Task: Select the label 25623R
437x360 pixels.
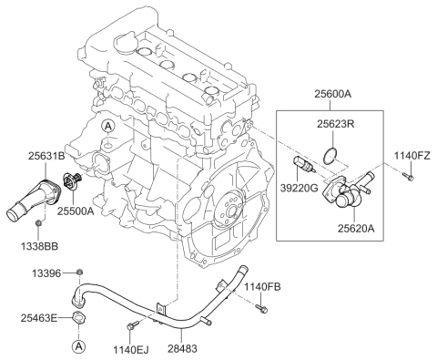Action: [335, 124]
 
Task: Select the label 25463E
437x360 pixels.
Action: [39, 316]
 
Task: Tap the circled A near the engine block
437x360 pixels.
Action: [107, 125]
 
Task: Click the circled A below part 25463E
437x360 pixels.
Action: [79, 345]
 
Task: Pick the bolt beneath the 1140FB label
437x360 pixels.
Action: [264, 309]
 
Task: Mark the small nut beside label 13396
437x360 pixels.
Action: [79, 273]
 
